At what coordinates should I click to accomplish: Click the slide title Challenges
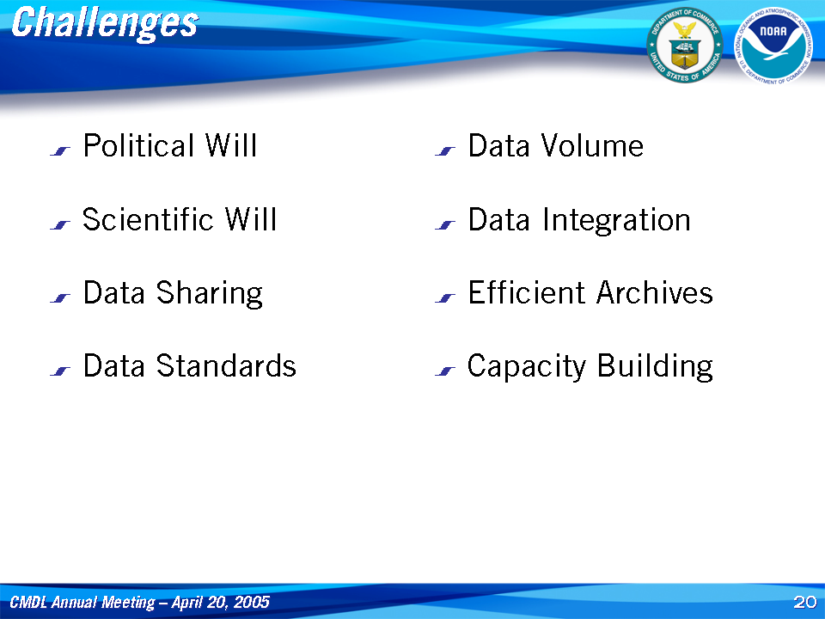[105, 24]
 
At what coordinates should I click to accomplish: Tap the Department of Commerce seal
[685, 46]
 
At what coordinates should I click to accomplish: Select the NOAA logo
[773, 46]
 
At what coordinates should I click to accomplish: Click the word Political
[139, 145]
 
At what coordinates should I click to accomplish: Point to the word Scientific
[148, 219]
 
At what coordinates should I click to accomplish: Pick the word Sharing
[210, 293]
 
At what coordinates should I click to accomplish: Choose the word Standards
[226, 366]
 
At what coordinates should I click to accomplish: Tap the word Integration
[617, 220]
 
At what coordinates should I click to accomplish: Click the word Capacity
[526, 367]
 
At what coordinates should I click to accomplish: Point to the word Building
[656, 367]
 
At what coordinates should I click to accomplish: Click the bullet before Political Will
[60, 151]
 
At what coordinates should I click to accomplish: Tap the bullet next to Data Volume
[445, 151]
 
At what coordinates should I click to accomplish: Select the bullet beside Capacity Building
[445, 371]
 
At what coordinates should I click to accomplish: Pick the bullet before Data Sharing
[60, 298]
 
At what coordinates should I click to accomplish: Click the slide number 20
[804, 602]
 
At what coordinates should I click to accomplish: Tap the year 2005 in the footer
[252, 602]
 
